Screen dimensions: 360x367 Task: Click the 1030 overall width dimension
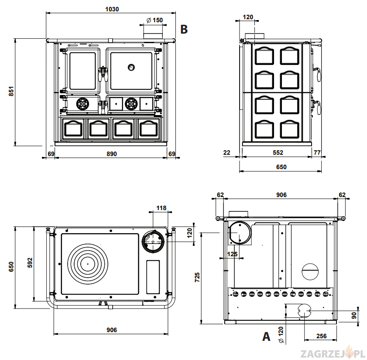(112, 8)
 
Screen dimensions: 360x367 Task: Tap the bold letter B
(184, 29)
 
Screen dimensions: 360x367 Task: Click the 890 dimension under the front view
(112, 153)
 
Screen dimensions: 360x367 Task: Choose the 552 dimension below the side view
(278, 153)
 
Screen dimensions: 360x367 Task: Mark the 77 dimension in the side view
(317, 153)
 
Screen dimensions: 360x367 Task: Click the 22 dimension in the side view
(226, 153)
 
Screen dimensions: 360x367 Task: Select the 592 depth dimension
(30, 262)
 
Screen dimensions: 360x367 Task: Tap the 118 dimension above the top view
(161, 208)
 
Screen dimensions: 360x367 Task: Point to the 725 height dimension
(197, 278)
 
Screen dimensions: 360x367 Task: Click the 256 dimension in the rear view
(322, 336)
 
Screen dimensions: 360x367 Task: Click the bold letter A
(266, 336)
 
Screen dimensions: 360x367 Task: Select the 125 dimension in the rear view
(233, 254)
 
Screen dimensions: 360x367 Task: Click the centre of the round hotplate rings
(87, 264)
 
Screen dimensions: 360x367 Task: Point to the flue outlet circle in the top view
(153, 241)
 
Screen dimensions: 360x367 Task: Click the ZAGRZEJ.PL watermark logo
(333, 351)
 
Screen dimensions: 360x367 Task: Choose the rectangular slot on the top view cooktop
(153, 277)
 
